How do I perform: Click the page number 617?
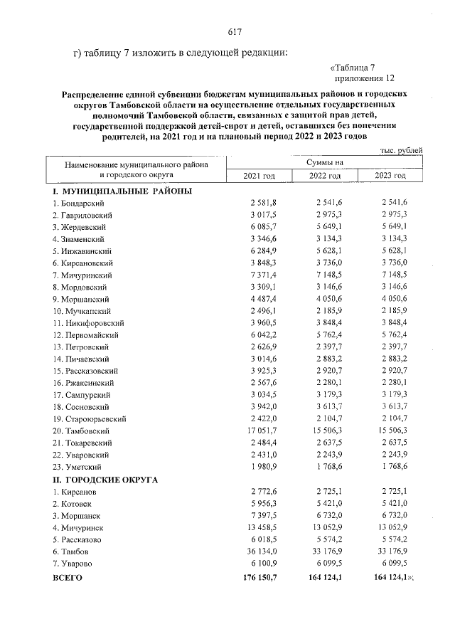pos(235,31)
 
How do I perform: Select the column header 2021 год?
pos(259,176)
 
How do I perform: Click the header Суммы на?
pos(324,162)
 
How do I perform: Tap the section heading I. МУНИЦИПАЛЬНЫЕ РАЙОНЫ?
pos(122,191)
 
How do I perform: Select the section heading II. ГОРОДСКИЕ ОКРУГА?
pos(106,480)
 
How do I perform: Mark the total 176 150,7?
pos(259,578)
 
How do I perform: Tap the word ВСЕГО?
pos(68,578)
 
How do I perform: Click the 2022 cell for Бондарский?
pos(328,204)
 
